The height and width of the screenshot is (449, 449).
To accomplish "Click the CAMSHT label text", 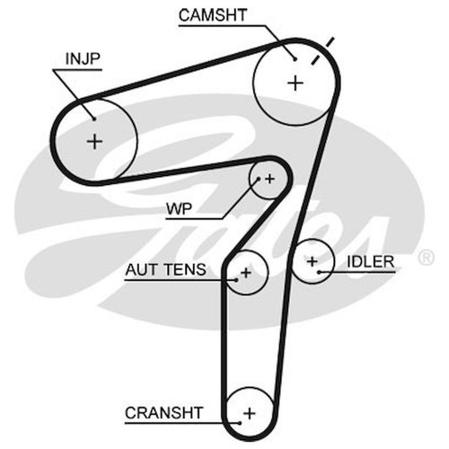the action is tap(213, 15).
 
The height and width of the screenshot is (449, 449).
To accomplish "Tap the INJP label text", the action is tap(83, 58).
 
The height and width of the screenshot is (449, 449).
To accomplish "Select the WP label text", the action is tap(179, 208).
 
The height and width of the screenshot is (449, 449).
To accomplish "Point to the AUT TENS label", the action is tap(165, 269).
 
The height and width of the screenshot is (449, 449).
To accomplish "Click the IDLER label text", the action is tap(371, 262).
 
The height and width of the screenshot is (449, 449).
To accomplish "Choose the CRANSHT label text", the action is tap(164, 413).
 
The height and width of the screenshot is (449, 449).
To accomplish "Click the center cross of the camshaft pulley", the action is tap(295, 83).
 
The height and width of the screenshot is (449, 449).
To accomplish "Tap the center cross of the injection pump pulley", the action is tap(94, 141).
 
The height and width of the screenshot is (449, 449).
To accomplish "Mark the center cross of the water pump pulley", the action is tap(269, 179).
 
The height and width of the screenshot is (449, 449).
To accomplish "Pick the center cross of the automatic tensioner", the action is tap(246, 273).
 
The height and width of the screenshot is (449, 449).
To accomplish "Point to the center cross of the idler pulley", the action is tap(313, 261).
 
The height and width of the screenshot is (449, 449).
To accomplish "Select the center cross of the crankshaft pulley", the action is tap(250, 414).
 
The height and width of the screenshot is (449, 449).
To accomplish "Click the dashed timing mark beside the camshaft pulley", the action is tap(322, 51).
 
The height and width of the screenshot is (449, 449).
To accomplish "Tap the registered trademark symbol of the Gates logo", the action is tap(426, 257).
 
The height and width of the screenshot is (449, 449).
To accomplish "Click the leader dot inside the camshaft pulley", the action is tap(295, 59).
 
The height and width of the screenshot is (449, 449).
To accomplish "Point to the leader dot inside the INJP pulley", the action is tap(94, 119).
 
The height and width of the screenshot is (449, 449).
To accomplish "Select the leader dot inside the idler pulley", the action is tap(319, 272).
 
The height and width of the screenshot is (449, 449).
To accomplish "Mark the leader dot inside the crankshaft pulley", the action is tap(240, 423).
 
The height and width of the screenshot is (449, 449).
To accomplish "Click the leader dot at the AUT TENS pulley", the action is tap(236, 280).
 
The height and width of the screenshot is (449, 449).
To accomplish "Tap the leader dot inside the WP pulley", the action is tap(259, 179).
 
